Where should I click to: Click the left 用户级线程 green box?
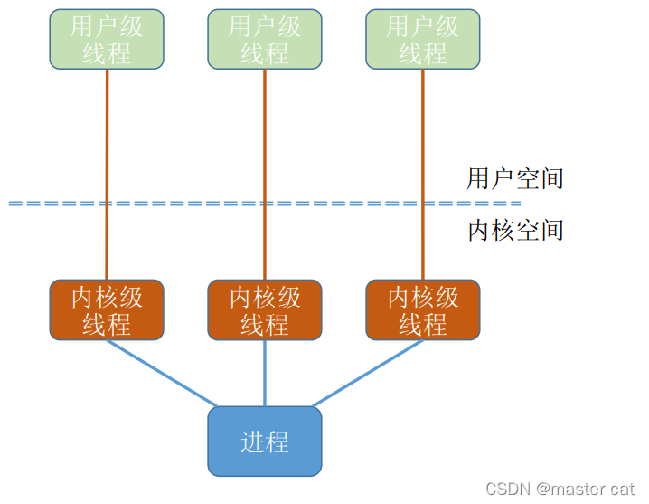tap(107, 39)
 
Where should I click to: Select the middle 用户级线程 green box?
tap(265, 39)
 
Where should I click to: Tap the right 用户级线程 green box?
tap(423, 39)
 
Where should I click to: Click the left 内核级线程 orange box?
tap(107, 310)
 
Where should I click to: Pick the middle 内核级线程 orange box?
tap(265, 310)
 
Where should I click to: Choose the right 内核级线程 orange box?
tap(423, 310)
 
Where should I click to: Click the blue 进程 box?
tap(265, 442)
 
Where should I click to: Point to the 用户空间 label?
tap(514, 178)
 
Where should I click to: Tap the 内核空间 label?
tap(514, 231)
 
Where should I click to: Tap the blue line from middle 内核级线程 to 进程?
tap(265, 373)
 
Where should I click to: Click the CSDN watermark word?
tap(508, 489)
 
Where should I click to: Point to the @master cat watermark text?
tap(586, 489)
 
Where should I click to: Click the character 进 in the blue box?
tap(252, 442)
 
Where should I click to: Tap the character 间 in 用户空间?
tap(551, 178)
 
